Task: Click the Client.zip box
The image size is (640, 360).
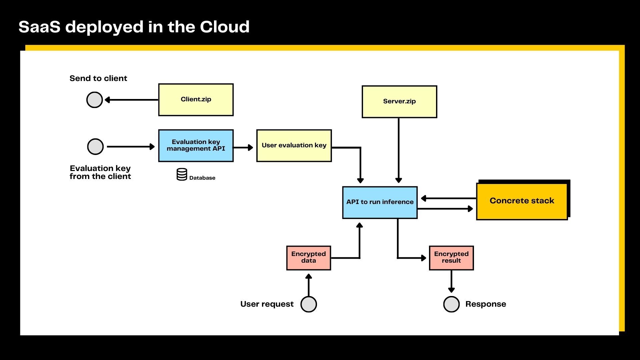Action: coord(196,100)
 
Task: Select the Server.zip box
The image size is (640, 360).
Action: coord(399,102)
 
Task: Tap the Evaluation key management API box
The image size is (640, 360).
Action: coord(196,146)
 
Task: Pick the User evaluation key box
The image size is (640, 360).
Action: coord(294,146)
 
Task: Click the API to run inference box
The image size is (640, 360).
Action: coord(380,202)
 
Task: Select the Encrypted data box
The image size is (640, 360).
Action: coord(309,258)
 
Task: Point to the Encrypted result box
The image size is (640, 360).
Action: coord(451,258)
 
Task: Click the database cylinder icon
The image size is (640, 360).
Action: coord(182,174)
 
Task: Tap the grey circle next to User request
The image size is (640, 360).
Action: coord(309,304)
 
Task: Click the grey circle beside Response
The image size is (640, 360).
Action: coord(451,304)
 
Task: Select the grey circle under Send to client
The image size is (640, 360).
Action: coord(95,100)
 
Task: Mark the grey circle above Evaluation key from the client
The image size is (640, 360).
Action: coord(95,147)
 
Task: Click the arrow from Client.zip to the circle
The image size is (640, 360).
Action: coord(131,100)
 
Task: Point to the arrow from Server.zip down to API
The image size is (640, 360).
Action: coord(399,150)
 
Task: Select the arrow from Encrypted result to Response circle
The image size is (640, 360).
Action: coord(451,281)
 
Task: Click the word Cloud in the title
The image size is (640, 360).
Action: coord(224,27)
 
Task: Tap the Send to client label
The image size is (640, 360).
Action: coord(98,78)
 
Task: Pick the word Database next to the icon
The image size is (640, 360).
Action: coord(202,178)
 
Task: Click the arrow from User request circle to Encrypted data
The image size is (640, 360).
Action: coord(309,285)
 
